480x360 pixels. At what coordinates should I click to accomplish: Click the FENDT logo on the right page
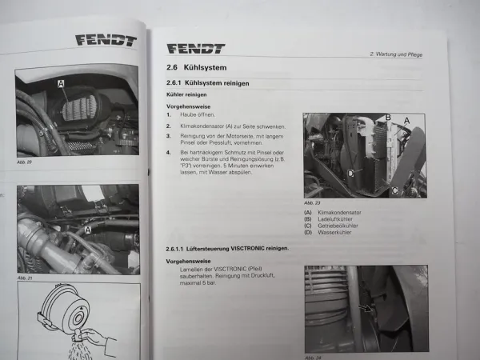[195, 49]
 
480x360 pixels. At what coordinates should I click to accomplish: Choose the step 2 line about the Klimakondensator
[216, 127]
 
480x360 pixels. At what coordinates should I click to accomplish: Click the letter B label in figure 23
[388, 118]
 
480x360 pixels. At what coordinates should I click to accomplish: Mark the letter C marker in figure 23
[393, 190]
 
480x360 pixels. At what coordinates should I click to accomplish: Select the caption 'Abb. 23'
[312, 202]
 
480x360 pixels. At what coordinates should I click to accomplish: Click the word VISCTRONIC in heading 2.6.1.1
[239, 248]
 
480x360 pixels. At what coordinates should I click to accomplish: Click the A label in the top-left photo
[61, 82]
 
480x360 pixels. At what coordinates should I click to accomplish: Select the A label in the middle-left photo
[87, 229]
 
